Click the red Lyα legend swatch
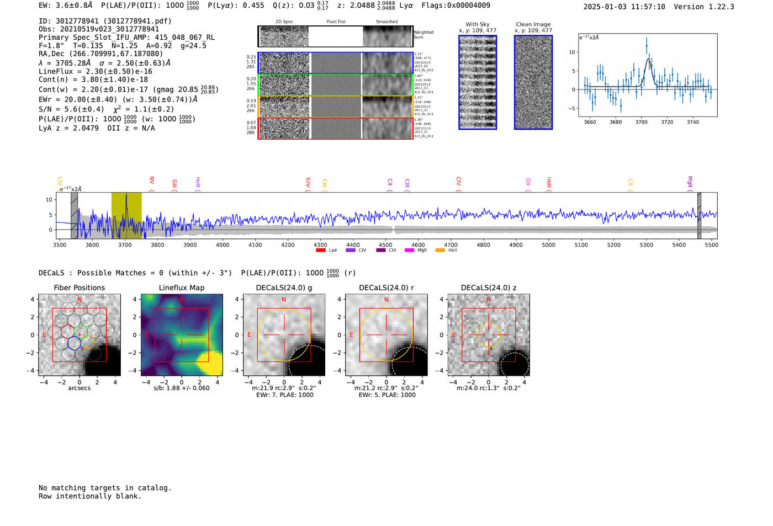[320, 250]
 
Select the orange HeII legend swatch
[440, 250]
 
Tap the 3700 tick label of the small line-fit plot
[641, 122]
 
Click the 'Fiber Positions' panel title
[79, 288]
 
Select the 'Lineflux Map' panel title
[182, 288]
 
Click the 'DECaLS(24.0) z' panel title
[489, 288]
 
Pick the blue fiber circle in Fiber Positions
[74, 343]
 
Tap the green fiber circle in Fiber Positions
[81, 332]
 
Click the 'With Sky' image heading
[478, 24]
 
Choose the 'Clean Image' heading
[533, 24]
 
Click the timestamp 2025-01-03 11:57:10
[624, 7]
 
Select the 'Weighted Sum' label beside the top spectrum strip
[423, 35]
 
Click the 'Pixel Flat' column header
[336, 22]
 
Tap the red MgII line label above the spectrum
[690, 182]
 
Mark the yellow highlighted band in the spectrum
[126, 215]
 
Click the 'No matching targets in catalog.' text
[105, 488]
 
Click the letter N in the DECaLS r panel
[386, 300]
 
